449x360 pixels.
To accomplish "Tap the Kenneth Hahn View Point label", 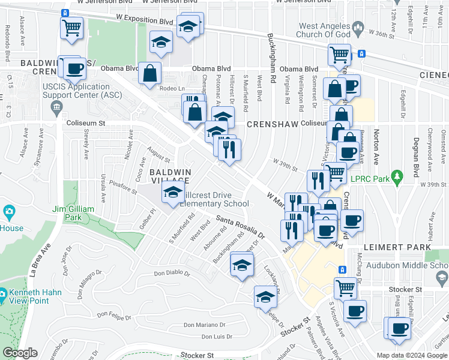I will click(x=28, y=298).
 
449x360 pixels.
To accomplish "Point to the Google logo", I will click(x=19, y=353).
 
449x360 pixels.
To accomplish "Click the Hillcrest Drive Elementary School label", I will click(x=215, y=199).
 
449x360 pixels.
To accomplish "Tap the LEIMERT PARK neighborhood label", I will click(x=396, y=247).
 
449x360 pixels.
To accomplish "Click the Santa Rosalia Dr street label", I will click(x=241, y=225).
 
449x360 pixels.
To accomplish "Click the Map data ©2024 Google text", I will click(x=412, y=355).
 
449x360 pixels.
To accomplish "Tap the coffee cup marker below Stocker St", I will click(x=355, y=311).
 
